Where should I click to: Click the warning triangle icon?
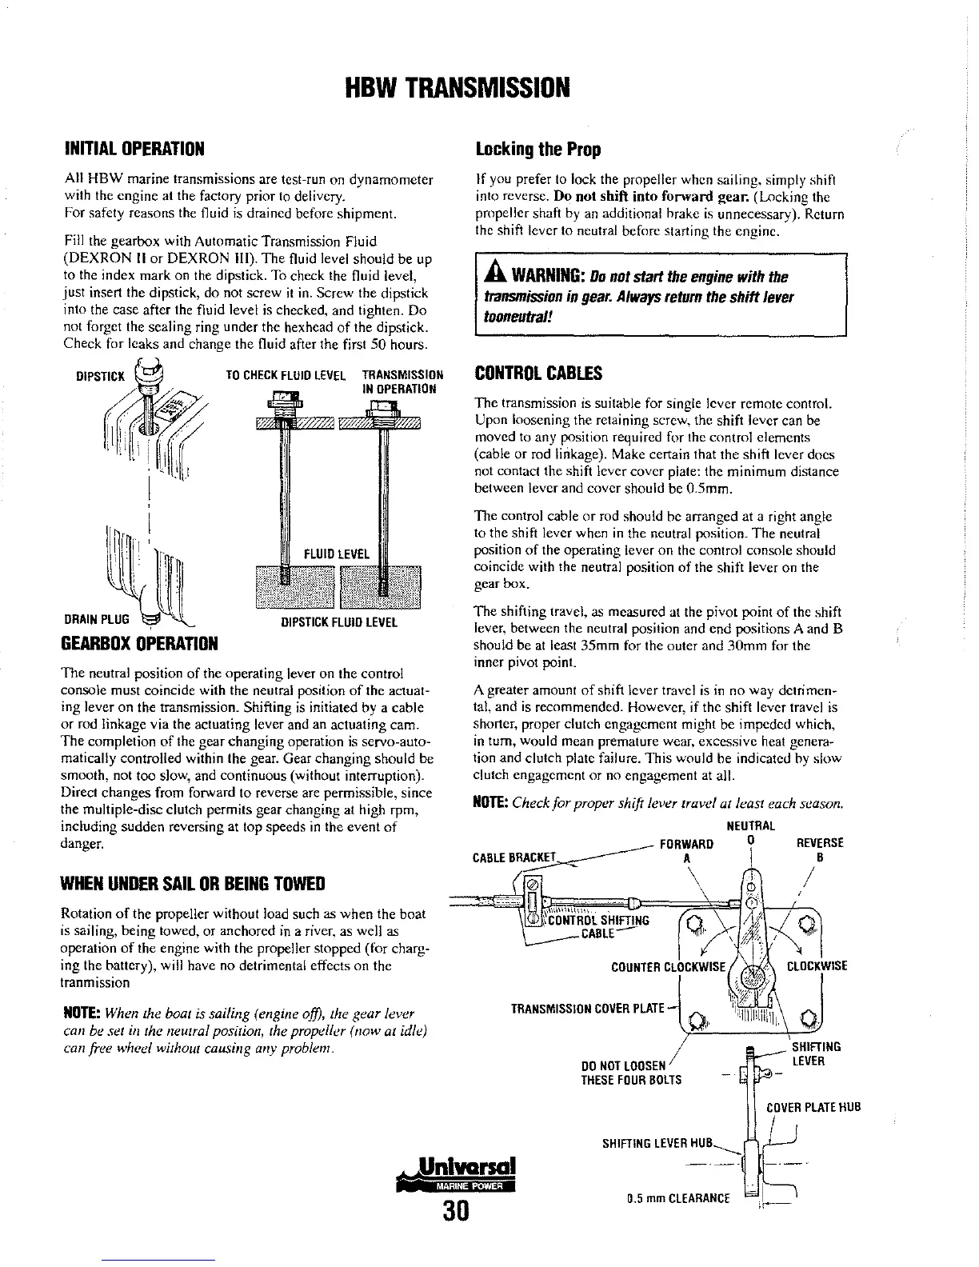[x=490, y=277]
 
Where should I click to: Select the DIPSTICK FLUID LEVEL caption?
[x=339, y=622]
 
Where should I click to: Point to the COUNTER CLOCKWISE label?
[x=668, y=966]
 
